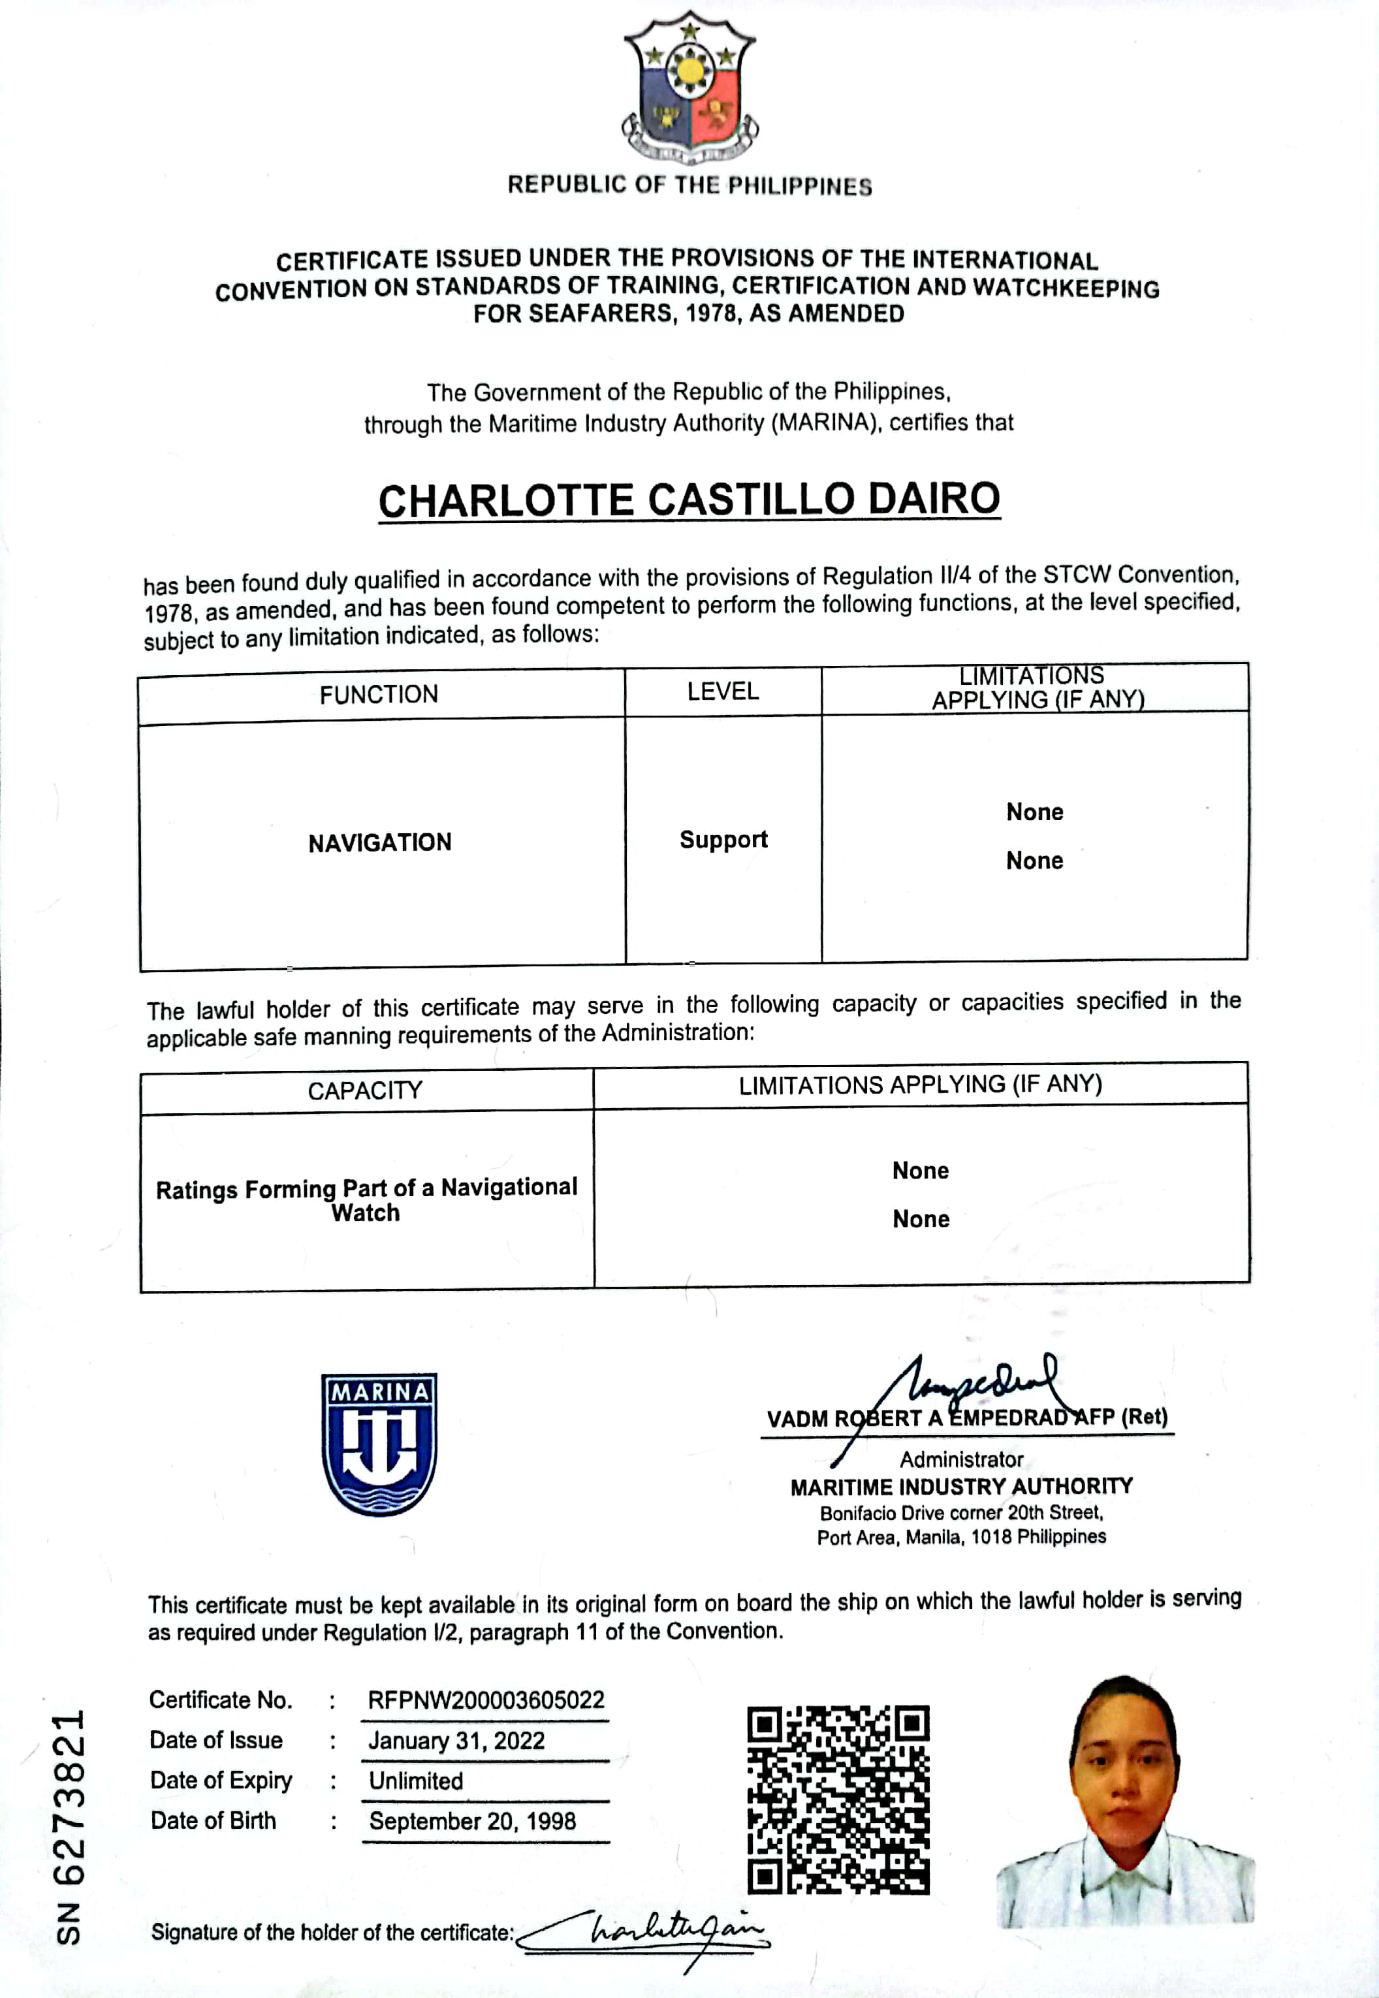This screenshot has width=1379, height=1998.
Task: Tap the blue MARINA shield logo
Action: pos(379,1444)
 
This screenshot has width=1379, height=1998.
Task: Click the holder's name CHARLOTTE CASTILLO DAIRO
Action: pos(689,500)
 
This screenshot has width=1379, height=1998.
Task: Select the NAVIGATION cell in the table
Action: pos(379,842)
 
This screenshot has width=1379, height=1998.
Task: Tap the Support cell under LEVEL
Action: pos(723,840)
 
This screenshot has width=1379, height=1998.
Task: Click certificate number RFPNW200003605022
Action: pos(486,1700)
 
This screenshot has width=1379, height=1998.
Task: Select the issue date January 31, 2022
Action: pos(456,1741)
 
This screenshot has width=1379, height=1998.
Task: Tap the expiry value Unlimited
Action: pos(416,1781)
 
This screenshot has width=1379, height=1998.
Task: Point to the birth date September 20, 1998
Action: pos(472,1821)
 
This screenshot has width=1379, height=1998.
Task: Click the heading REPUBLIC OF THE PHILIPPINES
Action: pos(689,185)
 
